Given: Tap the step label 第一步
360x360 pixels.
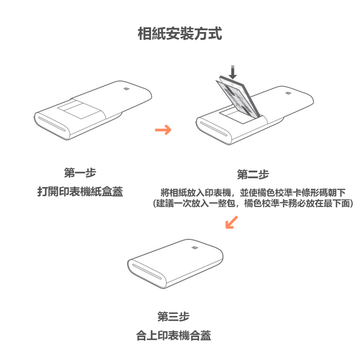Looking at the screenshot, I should (x=80, y=173).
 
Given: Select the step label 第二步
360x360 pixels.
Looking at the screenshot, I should (x=253, y=175).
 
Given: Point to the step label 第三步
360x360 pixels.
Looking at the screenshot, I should (x=173, y=317).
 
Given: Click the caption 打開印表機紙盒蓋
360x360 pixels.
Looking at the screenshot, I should (x=80, y=192).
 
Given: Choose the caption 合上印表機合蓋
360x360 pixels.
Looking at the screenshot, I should (x=174, y=336).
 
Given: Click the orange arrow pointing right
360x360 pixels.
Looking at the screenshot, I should (x=163, y=130).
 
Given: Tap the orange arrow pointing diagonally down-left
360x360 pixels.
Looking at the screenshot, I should (x=231, y=222).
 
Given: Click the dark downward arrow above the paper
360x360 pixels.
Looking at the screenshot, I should (x=233, y=72).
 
